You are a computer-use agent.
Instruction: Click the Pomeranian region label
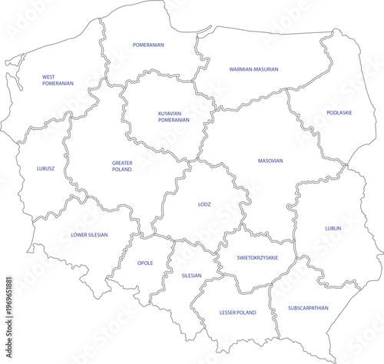click(148, 45)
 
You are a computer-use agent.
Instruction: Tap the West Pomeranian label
click(58, 80)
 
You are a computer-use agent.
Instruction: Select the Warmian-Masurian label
click(253, 69)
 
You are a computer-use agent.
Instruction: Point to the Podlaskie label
click(339, 113)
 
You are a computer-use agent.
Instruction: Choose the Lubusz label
click(45, 168)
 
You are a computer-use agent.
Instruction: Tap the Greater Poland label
click(121, 166)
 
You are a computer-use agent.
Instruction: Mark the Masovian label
click(270, 161)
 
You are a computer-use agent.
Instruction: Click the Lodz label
click(204, 204)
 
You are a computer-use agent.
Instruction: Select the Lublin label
click(333, 228)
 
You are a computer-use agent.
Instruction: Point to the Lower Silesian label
click(89, 235)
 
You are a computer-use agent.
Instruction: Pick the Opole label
click(145, 263)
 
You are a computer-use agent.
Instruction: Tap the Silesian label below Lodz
click(191, 275)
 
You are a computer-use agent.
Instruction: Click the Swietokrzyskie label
click(257, 258)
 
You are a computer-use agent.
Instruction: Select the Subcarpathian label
click(308, 307)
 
